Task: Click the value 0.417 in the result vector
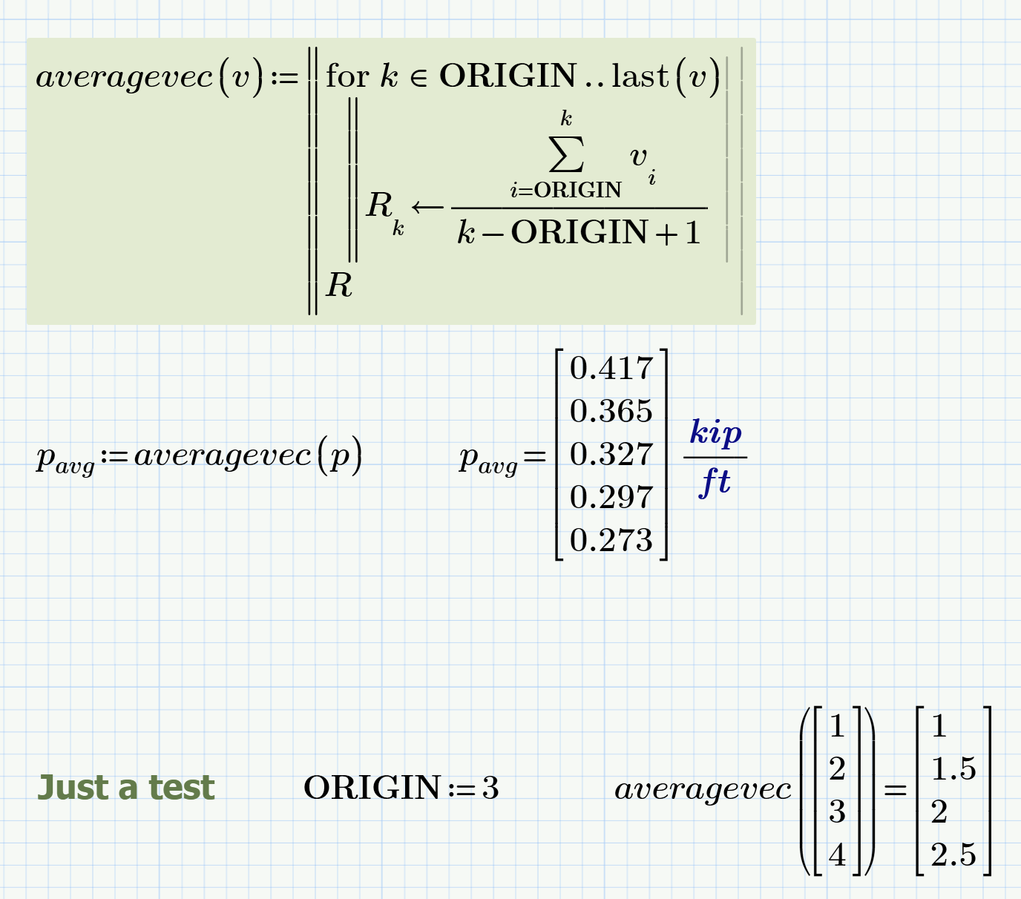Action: pyautogui.click(x=611, y=369)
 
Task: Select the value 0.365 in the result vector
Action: pyautogui.click(x=611, y=412)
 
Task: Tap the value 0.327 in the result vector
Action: pyautogui.click(x=611, y=455)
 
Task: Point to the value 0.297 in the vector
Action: pyautogui.click(x=611, y=498)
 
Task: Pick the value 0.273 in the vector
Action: pyautogui.click(x=611, y=541)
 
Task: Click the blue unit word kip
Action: pyautogui.click(x=715, y=432)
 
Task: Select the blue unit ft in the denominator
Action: pyautogui.click(x=715, y=482)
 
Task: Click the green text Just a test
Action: pyautogui.click(x=126, y=788)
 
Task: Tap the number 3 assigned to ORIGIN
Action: pyautogui.click(x=490, y=788)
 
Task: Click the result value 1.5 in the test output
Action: pyautogui.click(x=953, y=769)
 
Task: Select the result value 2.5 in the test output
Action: pyautogui.click(x=953, y=855)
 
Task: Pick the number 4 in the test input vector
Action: pyautogui.click(x=837, y=855)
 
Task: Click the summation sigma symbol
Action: pyautogui.click(x=566, y=154)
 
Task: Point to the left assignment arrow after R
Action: pyautogui.click(x=427, y=207)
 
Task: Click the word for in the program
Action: pyautogui.click(x=347, y=76)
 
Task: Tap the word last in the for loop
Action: pyautogui.click(x=640, y=76)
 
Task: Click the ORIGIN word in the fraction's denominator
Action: pyautogui.click(x=580, y=233)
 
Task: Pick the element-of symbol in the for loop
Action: pyautogui.click(x=418, y=79)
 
